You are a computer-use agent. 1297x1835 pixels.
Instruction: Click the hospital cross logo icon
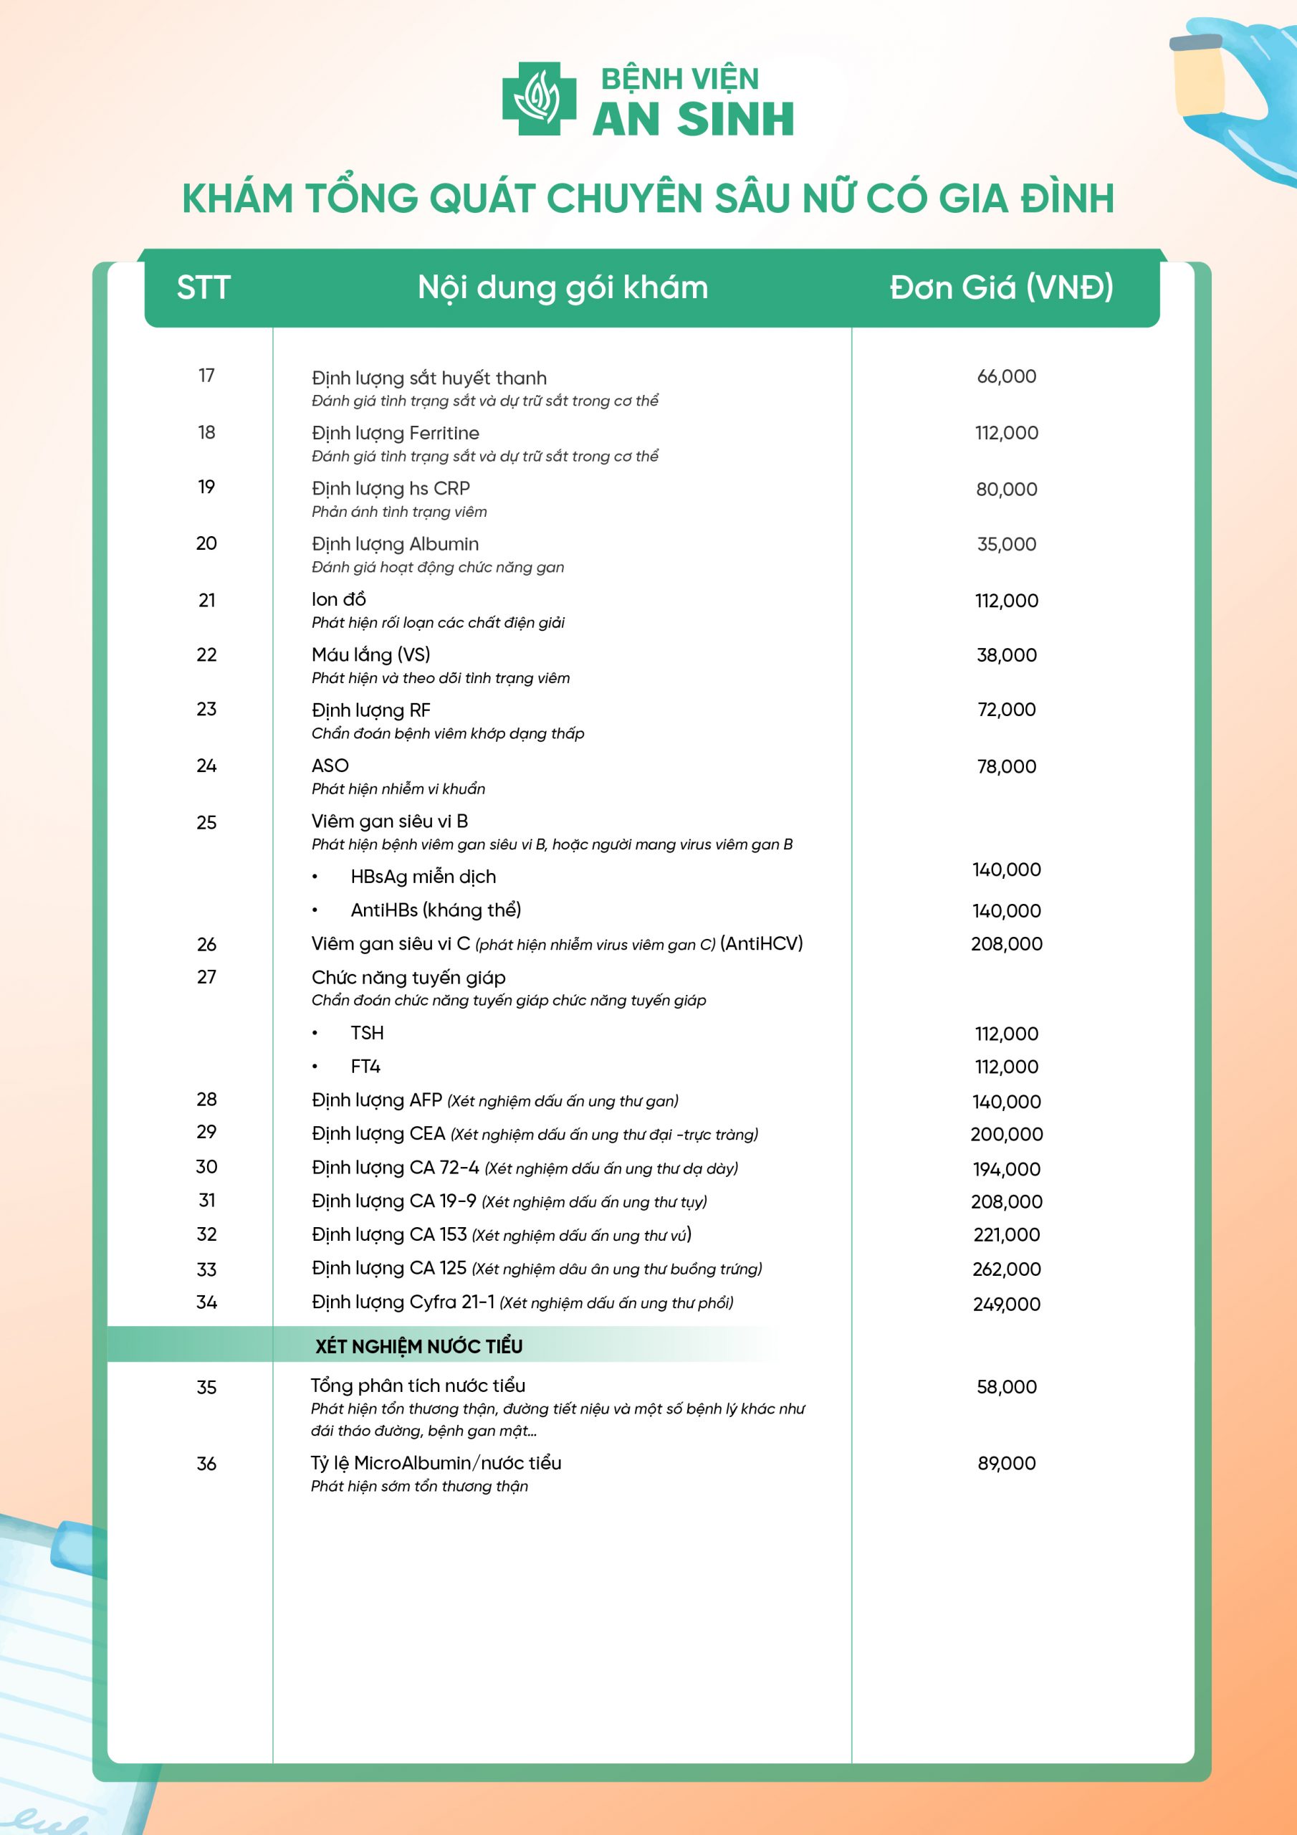[539, 99]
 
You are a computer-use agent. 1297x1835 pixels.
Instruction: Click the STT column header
[203, 287]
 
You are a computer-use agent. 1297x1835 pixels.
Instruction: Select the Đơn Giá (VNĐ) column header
[1001, 287]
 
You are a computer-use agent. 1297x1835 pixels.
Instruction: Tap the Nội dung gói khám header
[563, 287]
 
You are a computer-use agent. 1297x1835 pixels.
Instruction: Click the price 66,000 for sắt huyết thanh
[1006, 376]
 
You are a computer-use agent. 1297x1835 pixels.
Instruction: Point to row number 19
[206, 487]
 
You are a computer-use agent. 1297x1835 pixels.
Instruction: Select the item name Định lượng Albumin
[395, 544]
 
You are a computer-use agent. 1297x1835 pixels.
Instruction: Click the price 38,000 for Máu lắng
[1006, 655]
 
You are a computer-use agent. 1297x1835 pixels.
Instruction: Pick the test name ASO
[330, 766]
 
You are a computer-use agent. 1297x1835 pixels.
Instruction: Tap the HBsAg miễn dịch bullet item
[423, 877]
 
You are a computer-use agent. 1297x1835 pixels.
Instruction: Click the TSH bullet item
[367, 1034]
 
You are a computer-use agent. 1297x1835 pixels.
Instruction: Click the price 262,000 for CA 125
[1006, 1269]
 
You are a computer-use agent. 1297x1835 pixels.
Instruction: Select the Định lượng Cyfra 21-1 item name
[403, 1302]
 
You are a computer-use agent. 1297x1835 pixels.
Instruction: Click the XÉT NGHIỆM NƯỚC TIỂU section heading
[418, 1347]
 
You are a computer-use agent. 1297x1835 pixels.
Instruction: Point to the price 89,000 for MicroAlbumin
[1006, 1464]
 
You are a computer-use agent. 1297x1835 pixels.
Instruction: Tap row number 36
[206, 1464]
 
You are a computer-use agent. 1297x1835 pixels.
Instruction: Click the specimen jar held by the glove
[1198, 76]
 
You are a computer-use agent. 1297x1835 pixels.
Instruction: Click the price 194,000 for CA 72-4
[1006, 1169]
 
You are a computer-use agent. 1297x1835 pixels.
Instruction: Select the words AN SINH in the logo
[693, 120]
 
